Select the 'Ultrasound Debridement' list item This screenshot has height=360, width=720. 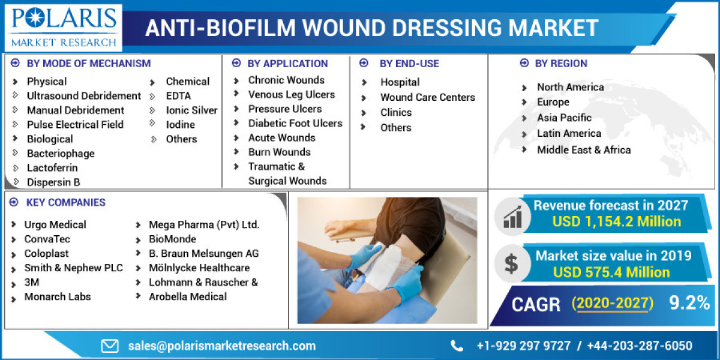[x=83, y=96]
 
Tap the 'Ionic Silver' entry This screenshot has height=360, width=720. [x=191, y=110]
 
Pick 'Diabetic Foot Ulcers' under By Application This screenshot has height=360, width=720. [x=295, y=124]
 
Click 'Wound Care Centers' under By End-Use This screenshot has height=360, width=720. [x=427, y=97]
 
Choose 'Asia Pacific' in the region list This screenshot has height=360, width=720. [x=564, y=118]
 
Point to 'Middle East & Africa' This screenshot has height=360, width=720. [x=583, y=150]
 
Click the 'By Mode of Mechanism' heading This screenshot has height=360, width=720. [x=88, y=64]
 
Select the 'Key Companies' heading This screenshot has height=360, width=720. [x=65, y=203]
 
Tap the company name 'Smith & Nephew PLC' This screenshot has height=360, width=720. [x=73, y=268]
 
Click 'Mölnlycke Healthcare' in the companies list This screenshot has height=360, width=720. [x=199, y=268]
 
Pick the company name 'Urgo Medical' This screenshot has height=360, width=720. [x=55, y=225]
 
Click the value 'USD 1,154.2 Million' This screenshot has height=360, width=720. [x=617, y=222]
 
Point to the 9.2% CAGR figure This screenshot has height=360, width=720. [x=689, y=304]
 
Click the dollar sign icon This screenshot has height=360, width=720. [x=511, y=264]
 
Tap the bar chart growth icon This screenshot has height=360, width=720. [x=512, y=217]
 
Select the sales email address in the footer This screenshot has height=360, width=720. [x=221, y=346]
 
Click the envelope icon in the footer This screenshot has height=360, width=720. [x=110, y=346]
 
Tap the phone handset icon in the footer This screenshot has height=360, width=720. [x=457, y=346]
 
